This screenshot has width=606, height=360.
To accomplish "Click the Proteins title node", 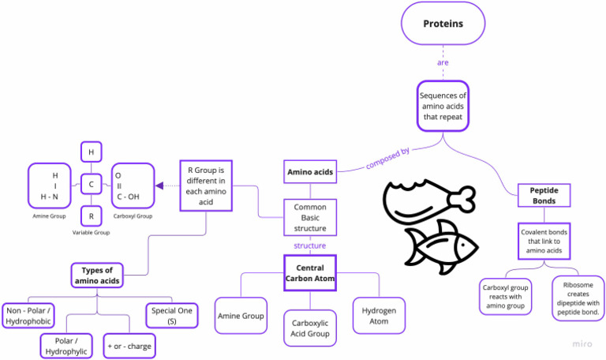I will pos(443,24).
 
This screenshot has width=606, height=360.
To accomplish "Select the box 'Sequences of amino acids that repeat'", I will pos(443,106).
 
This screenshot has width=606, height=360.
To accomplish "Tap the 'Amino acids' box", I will pos(310,171).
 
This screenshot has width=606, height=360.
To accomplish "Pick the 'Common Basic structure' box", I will pos(310,217).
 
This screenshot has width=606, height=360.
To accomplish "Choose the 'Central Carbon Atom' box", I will pos(310,273).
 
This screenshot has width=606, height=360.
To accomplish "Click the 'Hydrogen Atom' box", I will pos(379,316).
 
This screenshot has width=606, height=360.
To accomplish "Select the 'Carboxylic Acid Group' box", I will pos(310,328).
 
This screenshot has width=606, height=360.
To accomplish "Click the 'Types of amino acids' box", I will pos(97,275).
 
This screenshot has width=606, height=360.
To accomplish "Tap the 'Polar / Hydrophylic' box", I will pos(66,346).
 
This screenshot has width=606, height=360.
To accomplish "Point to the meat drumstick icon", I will pos(426,197).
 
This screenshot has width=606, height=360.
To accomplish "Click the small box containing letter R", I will pos(92,216).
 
